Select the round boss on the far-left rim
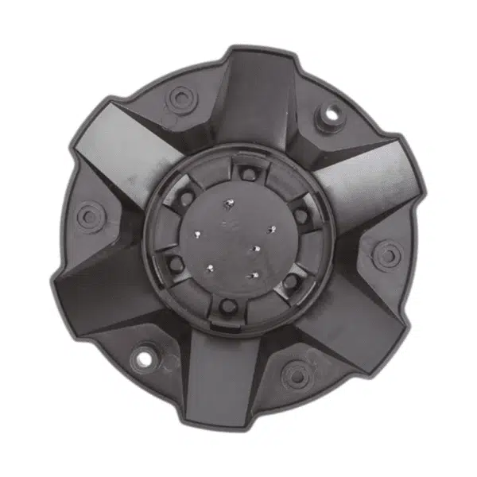90,215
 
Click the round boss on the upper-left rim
181,99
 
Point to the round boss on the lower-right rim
296,374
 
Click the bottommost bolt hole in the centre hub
227,306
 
